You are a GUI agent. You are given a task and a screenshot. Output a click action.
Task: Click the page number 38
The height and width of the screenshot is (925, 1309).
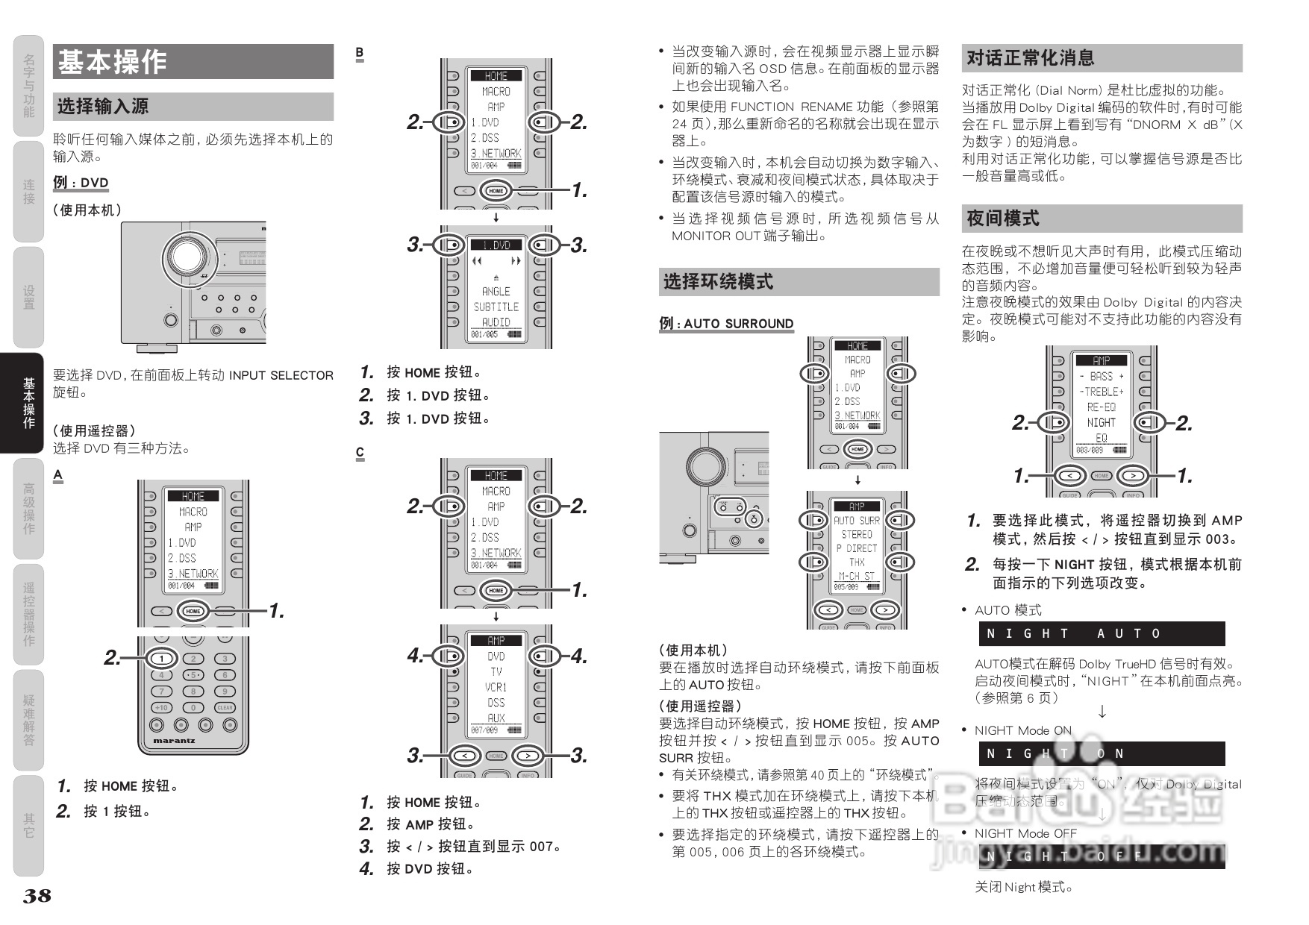(x=37, y=896)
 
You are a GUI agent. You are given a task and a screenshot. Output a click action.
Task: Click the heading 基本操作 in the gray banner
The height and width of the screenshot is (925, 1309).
(x=113, y=62)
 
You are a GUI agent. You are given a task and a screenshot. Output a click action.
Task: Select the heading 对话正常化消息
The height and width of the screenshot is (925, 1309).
(x=1031, y=58)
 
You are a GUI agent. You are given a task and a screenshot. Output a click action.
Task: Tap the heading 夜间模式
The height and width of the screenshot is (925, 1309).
(x=1003, y=219)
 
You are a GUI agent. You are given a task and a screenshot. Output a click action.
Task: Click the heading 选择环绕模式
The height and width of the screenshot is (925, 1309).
(x=718, y=282)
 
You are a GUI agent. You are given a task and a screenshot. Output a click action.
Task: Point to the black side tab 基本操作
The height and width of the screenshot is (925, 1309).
(x=28, y=403)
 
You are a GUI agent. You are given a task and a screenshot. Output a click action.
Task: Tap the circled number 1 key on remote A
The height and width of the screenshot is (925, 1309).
(x=162, y=659)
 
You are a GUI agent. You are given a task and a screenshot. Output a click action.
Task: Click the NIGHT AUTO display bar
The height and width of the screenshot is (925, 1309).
(x=1102, y=634)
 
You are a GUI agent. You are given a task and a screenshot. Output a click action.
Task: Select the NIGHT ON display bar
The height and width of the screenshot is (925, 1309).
(x=1102, y=753)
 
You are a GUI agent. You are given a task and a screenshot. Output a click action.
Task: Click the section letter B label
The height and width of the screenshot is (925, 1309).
(x=360, y=53)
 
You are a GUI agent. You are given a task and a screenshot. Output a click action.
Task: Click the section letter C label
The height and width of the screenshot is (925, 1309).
(x=360, y=453)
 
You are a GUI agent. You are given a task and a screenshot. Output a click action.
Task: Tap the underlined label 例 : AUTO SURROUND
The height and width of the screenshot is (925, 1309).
(x=726, y=324)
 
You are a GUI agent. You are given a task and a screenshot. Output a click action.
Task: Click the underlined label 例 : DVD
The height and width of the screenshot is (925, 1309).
(x=81, y=183)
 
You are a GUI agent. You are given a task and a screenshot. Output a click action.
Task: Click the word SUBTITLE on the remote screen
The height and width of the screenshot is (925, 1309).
(x=496, y=307)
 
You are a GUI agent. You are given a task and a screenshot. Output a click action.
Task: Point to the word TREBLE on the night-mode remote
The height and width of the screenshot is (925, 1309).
(x=1102, y=392)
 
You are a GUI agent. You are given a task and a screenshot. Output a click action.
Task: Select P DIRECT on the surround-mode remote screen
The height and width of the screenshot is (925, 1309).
(x=857, y=548)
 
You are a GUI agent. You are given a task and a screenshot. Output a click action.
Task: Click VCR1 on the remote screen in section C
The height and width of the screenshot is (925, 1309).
(x=496, y=687)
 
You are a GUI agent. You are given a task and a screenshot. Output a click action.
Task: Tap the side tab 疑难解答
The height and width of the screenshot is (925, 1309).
(x=28, y=720)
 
